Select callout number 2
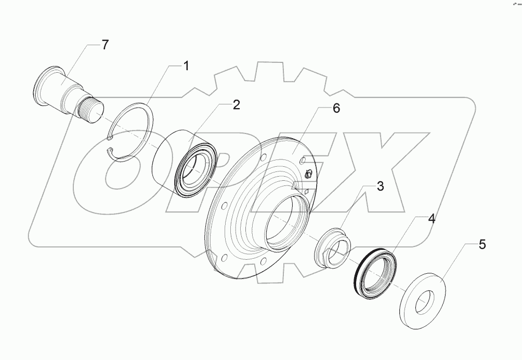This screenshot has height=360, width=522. [236, 105]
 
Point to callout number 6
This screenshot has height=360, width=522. [336, 109]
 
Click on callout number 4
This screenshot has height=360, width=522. [431, 219]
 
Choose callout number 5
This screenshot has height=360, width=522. [482, 245]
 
